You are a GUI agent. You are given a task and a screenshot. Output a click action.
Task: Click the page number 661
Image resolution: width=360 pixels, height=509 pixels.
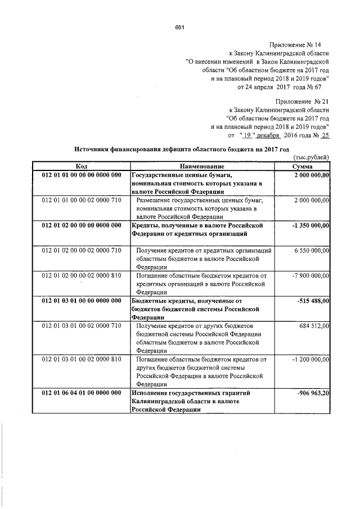pyautogui.click(x=180, y=27)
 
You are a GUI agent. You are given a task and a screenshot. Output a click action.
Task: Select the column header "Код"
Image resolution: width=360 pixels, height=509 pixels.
pyautogui.click(x=81, y=167)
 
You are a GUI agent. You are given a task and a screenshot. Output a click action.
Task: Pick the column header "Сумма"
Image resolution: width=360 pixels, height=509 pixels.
pyautogui.click(x=307, y=167)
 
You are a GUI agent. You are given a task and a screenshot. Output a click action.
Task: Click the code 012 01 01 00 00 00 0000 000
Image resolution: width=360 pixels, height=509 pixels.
pyautogui.click(x=81, y=175)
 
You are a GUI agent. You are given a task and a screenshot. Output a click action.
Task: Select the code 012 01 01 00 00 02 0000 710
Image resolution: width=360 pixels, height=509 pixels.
pyautogui.click(x=81, y=200)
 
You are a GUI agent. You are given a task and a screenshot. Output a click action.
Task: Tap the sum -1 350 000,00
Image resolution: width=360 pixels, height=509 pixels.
pyautogui.click(x=307, y=225)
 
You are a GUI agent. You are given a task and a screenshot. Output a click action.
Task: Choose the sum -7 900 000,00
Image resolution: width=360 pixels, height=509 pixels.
pyautogui.click(x=307, y=275)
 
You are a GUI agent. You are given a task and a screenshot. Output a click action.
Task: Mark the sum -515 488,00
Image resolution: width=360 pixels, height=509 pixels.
pyautogui.click(x=311, y=300)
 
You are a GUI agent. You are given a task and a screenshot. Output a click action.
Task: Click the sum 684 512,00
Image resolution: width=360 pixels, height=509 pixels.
pyautogui.click(x=311, y=325)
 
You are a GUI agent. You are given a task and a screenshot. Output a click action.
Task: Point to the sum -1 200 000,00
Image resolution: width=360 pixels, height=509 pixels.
pyautogui.click(x=307, y=358)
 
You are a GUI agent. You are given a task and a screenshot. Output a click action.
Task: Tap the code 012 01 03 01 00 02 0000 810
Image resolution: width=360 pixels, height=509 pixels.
pyautogui.click(x=81, y=358)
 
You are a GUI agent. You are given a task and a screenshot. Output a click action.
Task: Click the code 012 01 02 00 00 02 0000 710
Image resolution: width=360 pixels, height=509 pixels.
pyautogui.click(x=81, y=250)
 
